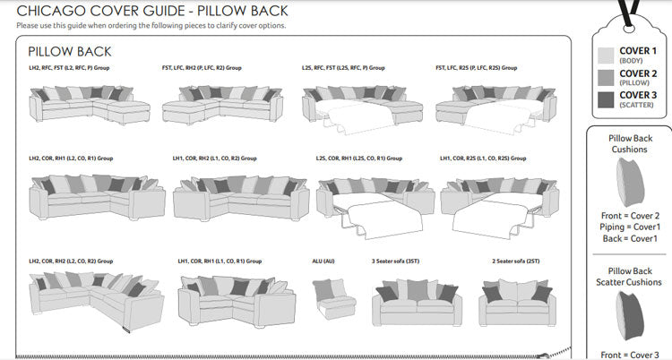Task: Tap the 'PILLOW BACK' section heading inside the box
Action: [69, 52]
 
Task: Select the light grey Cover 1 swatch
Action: [606, 56]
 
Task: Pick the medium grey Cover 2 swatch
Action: [606, 78]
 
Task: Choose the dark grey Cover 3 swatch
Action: [606, 99]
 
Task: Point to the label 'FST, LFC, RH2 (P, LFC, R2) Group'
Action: [202, 68]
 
